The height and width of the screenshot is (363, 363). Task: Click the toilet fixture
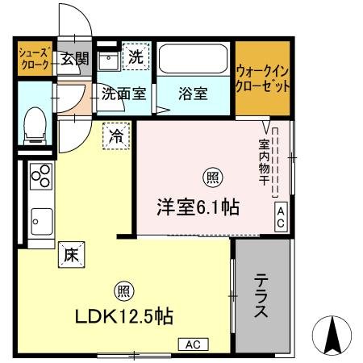point(35,125)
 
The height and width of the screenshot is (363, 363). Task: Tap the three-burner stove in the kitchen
point(41,176)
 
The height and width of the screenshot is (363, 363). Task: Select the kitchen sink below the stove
point(41,218)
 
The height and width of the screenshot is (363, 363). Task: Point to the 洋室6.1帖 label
point(197,207)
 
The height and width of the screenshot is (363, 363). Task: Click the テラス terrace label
point(261,297)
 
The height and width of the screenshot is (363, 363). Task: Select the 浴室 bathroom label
point(193,94)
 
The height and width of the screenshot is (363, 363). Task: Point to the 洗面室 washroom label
point(123,94)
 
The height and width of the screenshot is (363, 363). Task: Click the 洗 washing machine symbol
point(136,58)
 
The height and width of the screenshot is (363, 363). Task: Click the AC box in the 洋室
point(281,217)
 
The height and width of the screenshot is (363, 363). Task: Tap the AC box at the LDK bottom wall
point(194,344)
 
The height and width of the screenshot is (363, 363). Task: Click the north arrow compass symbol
point(333,333)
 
